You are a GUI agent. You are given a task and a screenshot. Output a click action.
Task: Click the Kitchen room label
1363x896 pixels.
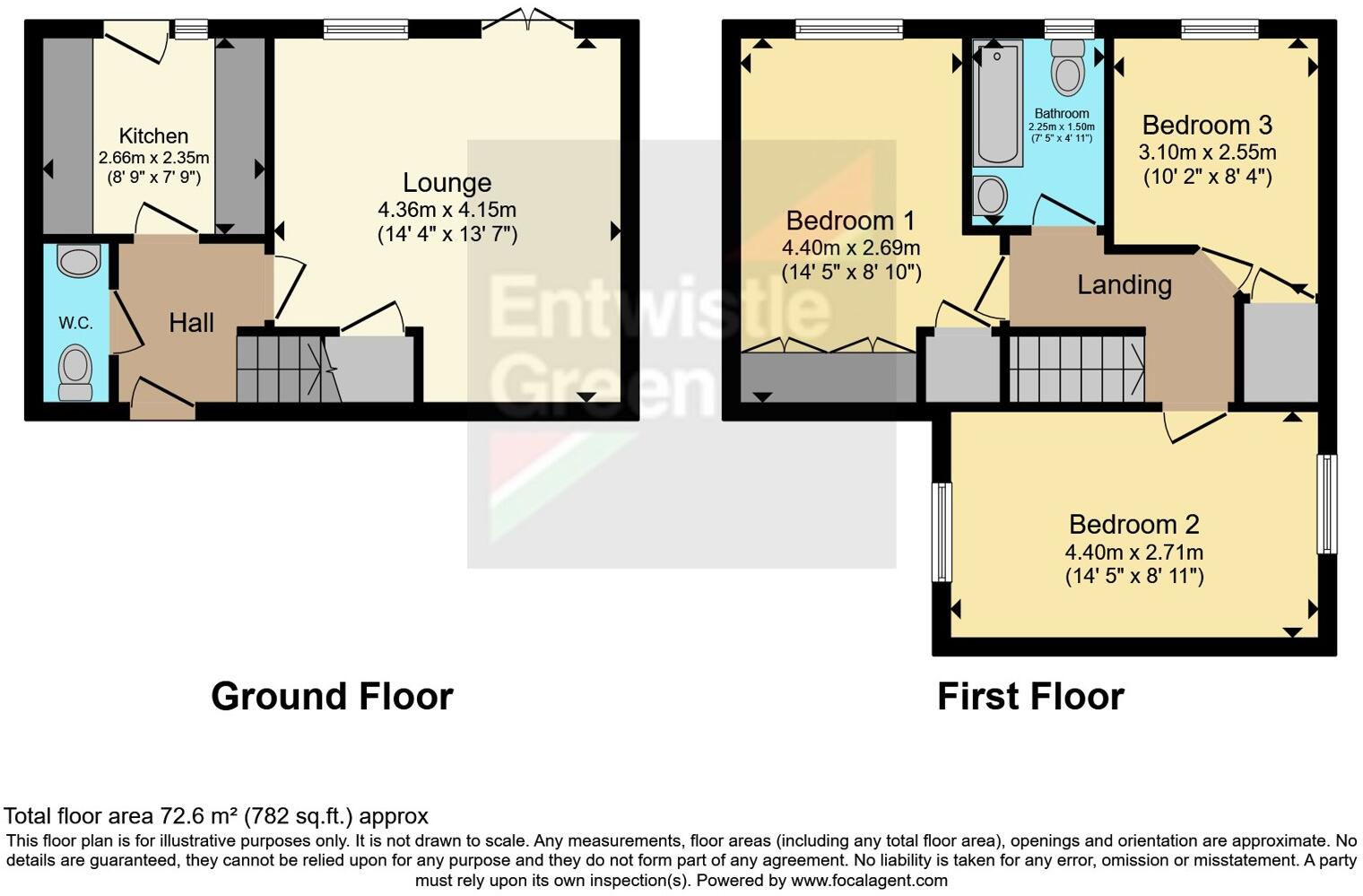tap(153, 136)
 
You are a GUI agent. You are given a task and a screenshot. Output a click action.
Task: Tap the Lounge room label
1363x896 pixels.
tap(447, 183)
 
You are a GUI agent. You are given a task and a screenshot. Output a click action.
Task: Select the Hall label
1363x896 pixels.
tap(191, 323)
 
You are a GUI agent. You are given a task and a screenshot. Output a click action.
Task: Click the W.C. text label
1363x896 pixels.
tap(76, 324)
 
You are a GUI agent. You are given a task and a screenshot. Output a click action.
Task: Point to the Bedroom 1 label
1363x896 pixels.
tap(851, 221)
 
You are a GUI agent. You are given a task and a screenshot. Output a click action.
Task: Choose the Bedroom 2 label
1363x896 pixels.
tap(1133, 525)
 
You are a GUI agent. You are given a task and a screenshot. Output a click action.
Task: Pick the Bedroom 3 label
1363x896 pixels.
tap(1207, 125)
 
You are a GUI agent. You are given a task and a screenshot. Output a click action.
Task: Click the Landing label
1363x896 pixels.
tap(1124, 285)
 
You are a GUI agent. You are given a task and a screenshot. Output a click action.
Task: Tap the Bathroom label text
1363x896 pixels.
tap(1062, 114)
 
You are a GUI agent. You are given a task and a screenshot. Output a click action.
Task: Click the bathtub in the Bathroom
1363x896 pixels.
tap(999, 103)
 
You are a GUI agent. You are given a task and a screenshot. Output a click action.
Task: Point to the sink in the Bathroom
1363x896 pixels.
tap(991, 194)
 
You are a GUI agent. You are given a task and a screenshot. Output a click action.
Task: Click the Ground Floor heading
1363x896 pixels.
tap(332, 697)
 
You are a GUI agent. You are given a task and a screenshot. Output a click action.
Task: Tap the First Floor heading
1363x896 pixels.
tap(1030, 697)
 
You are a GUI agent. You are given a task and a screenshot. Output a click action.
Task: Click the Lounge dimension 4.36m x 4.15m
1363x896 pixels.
tap(447, 211)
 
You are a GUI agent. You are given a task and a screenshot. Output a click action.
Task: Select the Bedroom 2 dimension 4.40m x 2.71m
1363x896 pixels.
tap(1133, 552)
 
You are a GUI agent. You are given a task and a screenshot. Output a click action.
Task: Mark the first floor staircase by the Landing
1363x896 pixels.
tap(1076, 368)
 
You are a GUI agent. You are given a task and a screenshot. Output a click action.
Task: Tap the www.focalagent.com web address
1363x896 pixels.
tap(869, 880)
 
